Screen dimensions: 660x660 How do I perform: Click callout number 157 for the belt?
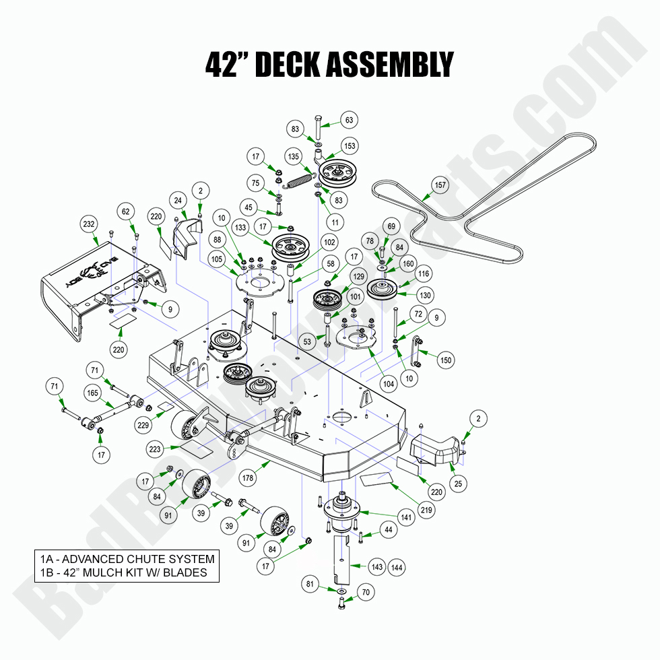440,185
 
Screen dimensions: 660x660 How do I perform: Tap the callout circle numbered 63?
350,121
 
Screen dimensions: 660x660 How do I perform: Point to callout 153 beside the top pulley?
350,146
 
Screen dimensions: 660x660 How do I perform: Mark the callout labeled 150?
446,360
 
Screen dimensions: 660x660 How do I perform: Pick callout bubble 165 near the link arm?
92,393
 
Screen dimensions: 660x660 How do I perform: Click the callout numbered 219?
426,510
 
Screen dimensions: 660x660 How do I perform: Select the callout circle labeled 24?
178,199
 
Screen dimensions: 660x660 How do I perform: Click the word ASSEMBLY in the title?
389,65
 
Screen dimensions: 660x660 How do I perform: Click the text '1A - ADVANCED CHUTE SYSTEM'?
127,559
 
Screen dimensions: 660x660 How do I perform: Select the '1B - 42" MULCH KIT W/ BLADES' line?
123,573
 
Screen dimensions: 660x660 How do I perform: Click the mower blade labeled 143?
343,552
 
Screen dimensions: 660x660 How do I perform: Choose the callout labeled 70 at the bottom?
366,593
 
